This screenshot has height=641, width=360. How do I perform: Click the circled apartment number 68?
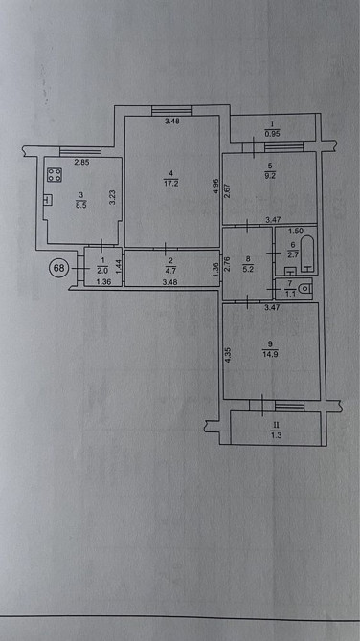pyautogui.click(x=59, y=268)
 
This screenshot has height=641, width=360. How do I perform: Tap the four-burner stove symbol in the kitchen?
pyautogui.click(x=54, y=175)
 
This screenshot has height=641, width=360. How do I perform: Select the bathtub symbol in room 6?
pyautogui.click(x=308, y=254)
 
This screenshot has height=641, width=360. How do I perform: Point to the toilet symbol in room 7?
pyautogui.click(x=304, y=288)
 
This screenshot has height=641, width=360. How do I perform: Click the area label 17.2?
pyautogui.click(x=171, y=184)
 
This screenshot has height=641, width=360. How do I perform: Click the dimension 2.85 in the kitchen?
pyautogui.click(x=81, y=163)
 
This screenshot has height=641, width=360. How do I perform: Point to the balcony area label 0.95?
pyautogui.click(x=273, y=133)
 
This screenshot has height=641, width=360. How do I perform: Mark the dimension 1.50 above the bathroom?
pyautogui.click(x=296, y=232)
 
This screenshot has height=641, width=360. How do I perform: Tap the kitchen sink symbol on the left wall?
pyautogui.click(x=47, y=199)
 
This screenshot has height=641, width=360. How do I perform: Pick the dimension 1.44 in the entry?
pyautogui.click(x=117, y=268)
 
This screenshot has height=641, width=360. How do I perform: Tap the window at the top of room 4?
pyautogui.click(x=171, y=111)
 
